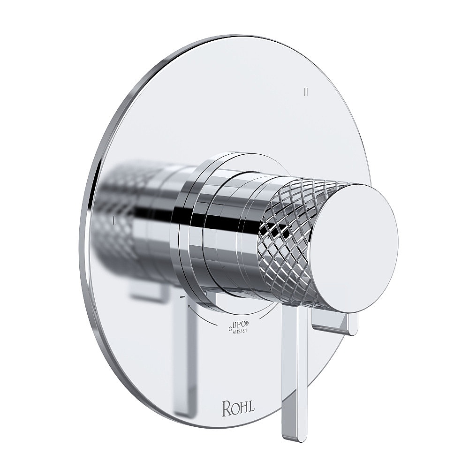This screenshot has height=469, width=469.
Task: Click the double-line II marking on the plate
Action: [x=306, y=91]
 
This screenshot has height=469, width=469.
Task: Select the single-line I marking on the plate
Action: [x=114, y=220]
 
